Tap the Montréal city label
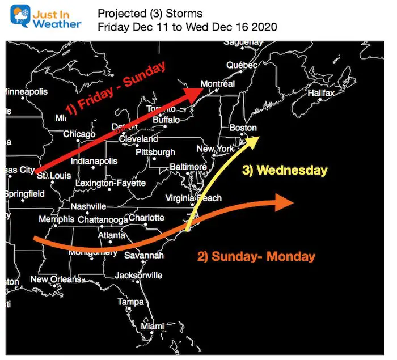218,84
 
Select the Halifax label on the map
321,93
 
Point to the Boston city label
243,128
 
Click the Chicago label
79,134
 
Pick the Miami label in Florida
152,327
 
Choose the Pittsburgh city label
155,153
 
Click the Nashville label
88,206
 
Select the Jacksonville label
138,276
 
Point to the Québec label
238,65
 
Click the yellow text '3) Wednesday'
285,170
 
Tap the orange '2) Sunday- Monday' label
256,256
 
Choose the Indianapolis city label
94,161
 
